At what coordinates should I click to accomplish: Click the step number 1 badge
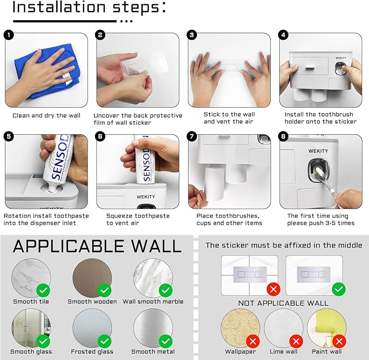click(9, 35)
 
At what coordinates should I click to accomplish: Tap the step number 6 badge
click(100, 136)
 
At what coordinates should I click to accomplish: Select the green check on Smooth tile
click(43, 290)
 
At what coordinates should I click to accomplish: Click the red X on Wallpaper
click(253, 341)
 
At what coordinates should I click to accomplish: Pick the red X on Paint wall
click(339, 341)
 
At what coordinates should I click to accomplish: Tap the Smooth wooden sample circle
click(92, 278)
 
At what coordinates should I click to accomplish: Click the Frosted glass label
click(92, 351)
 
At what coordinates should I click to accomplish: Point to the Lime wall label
click(284, 351)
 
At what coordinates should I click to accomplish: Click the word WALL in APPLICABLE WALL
click(157, 246)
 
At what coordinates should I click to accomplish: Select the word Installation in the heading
click(59, 7)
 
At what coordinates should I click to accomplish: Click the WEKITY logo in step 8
click(318, 151)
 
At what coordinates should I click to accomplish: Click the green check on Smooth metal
click(166, 341)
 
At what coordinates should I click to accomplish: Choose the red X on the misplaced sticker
click(273, 289)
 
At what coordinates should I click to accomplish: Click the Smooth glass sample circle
click(31, 328)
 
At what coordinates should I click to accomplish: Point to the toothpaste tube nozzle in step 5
click(53, 188)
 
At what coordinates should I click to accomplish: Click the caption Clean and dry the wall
click(46, 116)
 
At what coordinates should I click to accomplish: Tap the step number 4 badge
click(283, 35)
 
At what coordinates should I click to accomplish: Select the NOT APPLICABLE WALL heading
click(283, 303)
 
